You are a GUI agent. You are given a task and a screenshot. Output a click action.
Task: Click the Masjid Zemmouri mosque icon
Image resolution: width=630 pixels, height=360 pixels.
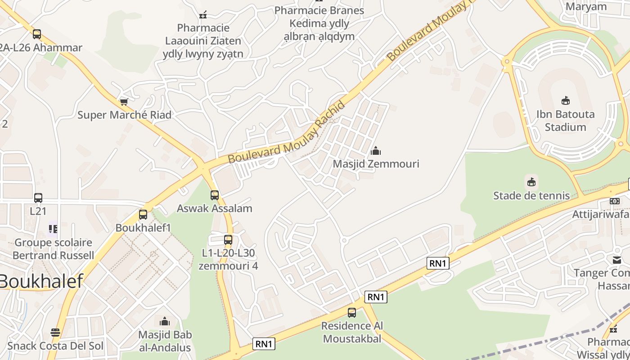376,151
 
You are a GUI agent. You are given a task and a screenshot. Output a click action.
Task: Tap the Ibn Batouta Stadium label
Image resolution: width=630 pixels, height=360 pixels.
565,121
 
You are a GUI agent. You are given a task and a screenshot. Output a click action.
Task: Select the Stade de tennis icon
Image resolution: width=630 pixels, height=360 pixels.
532,182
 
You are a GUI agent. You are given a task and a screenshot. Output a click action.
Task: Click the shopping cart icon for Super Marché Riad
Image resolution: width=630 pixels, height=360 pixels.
124,102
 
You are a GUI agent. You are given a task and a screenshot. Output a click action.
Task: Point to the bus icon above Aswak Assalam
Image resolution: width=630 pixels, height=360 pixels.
215,195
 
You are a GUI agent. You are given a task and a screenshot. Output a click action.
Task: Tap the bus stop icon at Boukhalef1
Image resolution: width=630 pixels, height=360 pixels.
143,215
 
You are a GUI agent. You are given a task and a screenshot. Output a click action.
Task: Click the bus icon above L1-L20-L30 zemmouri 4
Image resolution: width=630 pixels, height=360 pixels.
228,240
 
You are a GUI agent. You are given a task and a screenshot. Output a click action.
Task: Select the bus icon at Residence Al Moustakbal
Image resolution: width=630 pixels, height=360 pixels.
352,312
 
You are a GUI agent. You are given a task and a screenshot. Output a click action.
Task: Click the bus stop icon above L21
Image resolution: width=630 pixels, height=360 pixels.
38,198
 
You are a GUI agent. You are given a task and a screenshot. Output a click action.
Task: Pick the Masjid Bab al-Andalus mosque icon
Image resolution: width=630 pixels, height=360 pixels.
165,321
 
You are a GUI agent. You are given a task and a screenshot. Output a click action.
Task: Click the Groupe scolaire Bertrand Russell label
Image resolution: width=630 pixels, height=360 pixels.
53,249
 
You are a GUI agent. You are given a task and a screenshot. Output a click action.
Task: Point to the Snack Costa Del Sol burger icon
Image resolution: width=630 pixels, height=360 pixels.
55,333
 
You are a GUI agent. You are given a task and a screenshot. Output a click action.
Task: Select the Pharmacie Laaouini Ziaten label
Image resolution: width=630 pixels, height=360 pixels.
203,41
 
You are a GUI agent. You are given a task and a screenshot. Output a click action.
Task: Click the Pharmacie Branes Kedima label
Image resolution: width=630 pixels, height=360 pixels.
319,23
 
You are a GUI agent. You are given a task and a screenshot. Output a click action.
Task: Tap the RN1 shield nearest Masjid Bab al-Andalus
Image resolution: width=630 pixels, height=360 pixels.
264,344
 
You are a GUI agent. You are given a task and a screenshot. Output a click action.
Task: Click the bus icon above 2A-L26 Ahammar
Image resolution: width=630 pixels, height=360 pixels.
37,34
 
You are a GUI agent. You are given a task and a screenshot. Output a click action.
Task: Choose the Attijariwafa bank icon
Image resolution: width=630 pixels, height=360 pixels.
615,201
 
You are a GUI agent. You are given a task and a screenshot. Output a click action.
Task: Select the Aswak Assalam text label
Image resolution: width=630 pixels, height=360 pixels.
214,208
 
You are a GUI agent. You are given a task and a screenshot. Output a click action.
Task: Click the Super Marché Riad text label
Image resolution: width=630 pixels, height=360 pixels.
124,115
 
